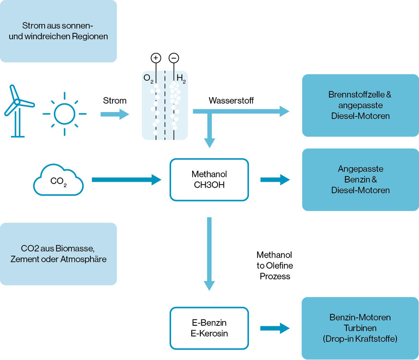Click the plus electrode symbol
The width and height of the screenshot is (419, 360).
(x=156, y=58)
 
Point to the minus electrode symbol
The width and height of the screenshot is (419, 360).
(x=174, y=58)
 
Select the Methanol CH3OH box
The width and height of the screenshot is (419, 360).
(x=209, y=179)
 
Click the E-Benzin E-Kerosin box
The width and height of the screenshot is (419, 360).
(x=209, y=328)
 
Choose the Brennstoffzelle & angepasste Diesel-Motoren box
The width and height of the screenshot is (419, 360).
(x=360, y=105)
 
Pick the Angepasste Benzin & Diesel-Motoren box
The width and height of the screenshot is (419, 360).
(x=360, y=180)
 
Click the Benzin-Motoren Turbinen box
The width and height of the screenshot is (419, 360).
(x=360, y=328)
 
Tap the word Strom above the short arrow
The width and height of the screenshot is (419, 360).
(x=115, y=100)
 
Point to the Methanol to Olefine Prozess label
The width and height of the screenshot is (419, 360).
(x=274, y=265)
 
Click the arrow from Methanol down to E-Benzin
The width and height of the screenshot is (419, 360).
(x=209, y=252)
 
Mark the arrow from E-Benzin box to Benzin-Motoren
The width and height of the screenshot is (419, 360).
(x=275, y=329)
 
